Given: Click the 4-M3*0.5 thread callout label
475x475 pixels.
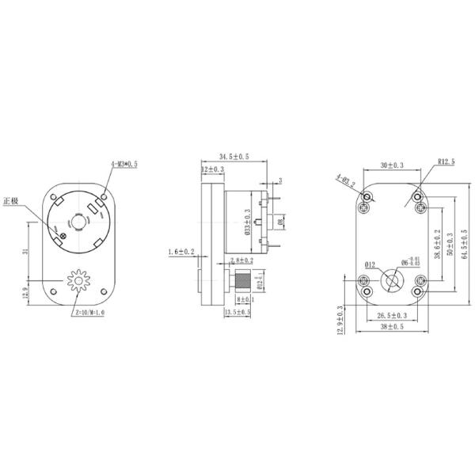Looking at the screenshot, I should click(x=124, y=164).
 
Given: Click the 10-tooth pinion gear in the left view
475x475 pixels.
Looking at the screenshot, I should click(x=78, y=281).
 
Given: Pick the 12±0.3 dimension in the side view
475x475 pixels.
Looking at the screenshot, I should click(x=212, y=169).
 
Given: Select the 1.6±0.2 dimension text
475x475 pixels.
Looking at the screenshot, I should click(x=182, y=253).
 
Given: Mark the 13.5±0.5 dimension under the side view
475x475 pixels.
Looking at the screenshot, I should click(x=238, y=313).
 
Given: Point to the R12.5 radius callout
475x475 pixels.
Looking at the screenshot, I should click(x=447, y=162).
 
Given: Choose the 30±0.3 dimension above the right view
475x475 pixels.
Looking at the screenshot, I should click(x=392, y=165).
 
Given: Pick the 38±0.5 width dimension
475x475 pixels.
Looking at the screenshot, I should click(x=391, y=326).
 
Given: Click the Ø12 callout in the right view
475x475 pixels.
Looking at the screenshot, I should click(x=370, y=264).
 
